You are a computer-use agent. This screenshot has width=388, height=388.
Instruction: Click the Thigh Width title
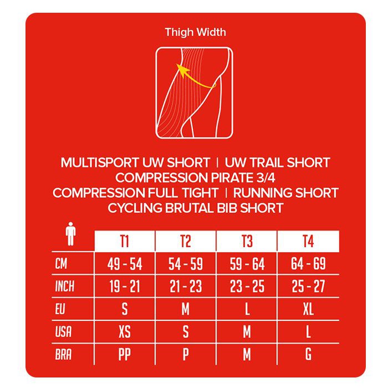[x=195, y=32]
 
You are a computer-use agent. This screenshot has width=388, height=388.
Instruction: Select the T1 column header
[x=125, y=242]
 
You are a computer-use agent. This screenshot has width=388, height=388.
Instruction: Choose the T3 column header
[x=247, y=242]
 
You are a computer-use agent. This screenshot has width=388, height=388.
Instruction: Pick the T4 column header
[x=308, y=242]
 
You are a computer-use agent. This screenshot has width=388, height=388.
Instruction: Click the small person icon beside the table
[x=70, y=234]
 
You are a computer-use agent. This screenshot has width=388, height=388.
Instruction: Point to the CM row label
[x=62, y=264]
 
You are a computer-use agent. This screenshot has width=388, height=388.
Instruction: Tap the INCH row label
[x=64, y=287]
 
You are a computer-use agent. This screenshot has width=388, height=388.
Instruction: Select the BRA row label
[x=63, y=355]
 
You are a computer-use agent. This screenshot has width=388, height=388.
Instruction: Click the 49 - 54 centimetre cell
[x=125, y=264]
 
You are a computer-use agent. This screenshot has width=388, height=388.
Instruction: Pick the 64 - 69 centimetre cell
[x=308, y=264]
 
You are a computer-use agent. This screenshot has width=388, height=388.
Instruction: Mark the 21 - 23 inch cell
[x=186, y=287]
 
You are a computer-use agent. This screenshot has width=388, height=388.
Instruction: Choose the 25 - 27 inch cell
[x=308, y=287]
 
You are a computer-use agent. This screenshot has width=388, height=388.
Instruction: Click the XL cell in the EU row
[x=308, y=309]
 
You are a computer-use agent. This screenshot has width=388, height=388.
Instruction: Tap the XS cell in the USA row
[x=125, y=332]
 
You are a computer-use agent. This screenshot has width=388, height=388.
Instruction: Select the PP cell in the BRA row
[x=125, y=355]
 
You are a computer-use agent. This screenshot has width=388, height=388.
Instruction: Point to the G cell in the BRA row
[x=308, y=355]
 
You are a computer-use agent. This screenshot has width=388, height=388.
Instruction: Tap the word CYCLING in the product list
[x=135, y=208]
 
